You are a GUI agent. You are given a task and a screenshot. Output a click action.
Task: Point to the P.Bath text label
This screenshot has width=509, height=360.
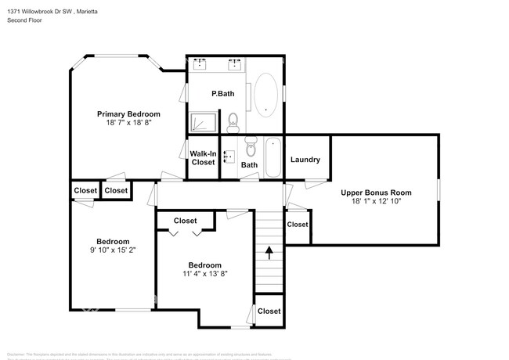tap(223, 94)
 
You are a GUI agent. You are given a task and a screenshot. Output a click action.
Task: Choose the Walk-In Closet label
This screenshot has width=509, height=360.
tap(203, 158)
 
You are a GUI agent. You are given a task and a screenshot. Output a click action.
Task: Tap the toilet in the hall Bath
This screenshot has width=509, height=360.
tap(251, 146)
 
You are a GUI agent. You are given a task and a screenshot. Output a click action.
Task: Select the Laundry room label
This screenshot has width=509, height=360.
tap(305, 160)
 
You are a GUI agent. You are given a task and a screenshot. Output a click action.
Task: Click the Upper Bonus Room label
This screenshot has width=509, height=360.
tap(376, 193)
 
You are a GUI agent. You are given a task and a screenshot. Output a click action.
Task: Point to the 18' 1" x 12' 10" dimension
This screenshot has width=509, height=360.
tap(376, 202)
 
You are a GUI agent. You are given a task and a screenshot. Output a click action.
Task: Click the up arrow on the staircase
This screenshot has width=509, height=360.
tap(269, 253)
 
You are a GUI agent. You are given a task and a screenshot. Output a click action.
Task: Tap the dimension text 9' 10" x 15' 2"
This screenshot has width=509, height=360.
tap(113, 250)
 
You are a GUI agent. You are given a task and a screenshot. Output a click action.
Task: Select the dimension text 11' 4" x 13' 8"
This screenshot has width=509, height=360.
tap(204, 274)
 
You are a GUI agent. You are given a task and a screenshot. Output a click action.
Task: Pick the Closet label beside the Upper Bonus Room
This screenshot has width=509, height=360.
tap(298, 225)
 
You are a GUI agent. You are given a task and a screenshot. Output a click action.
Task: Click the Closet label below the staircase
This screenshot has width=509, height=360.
tap(269, 311)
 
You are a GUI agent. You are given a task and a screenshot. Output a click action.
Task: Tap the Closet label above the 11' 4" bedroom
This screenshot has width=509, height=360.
tap(185, 221)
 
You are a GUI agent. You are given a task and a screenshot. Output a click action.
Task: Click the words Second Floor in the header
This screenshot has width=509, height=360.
tap(24, 20)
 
